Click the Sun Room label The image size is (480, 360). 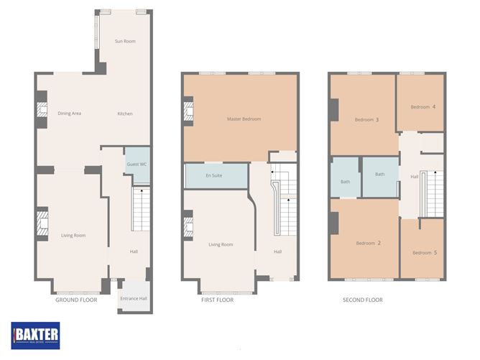(x=125, y=41)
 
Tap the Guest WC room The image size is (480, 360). (x=137, y=165)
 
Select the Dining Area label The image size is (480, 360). (x=70, y=114)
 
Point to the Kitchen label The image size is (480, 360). (x=125, y=114)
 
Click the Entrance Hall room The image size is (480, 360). (x=134, y=296)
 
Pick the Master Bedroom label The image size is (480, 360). (x=244, y=119)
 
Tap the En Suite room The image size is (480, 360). (x=216, y=176)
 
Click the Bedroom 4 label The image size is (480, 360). (x=423, y=107)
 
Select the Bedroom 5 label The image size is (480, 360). (x=425, y=252)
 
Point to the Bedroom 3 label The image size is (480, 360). (x=366, y=119)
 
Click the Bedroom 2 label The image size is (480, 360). (x=369, y=243)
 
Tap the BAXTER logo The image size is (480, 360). (x=35, y=336)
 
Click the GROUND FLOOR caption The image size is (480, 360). (x=76, y=300)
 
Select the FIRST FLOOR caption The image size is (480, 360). (x=217, y=300)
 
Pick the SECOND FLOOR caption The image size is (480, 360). (x=363, y=300)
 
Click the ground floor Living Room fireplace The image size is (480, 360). (x=42, y=223)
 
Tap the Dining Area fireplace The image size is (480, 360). (x=42, y=110)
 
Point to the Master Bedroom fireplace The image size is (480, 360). (x=188, y=111)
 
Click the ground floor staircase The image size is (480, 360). (x=141, y=209)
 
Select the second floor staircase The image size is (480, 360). (x=432, y=194)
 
